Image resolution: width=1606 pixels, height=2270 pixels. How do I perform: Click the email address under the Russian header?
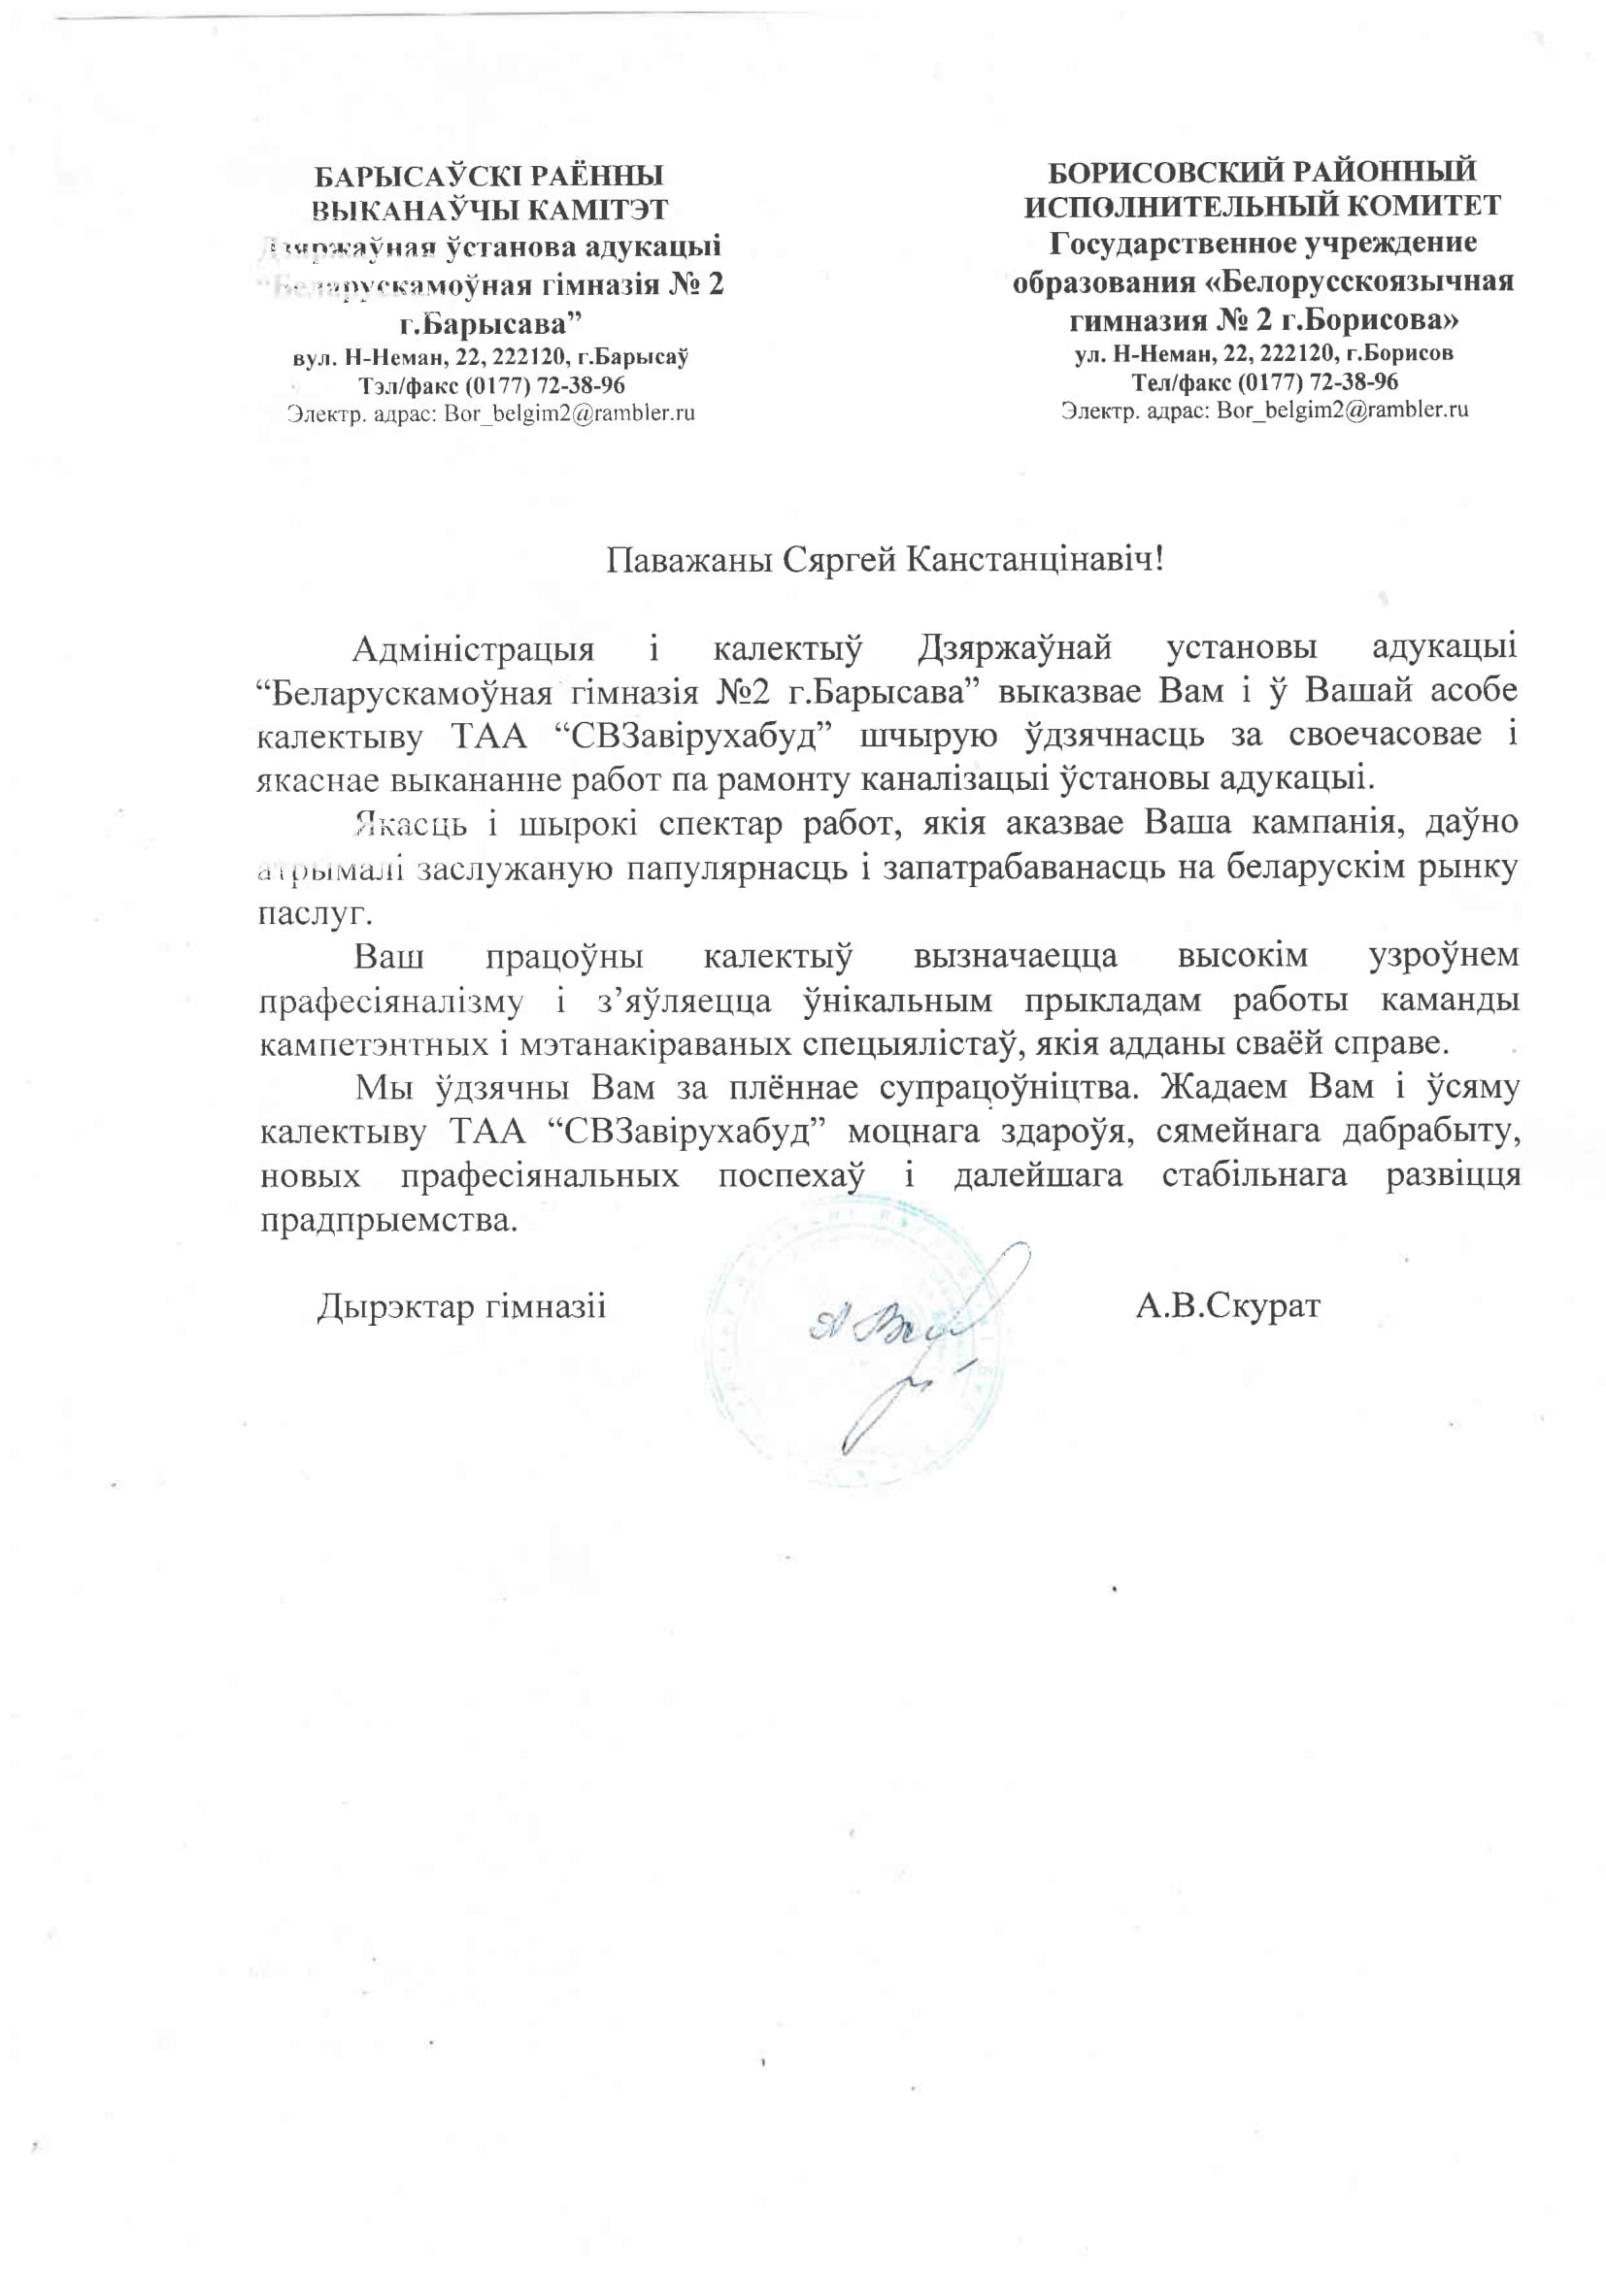pos(1342,410)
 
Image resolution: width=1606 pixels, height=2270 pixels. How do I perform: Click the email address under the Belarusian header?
pos(569,413)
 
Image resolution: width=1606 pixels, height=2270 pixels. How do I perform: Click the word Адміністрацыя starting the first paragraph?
pos(474,649)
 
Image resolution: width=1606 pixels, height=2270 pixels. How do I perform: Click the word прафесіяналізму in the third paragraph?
pos(390,1001)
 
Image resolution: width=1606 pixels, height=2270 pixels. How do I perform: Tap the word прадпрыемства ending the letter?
pos(388,1220)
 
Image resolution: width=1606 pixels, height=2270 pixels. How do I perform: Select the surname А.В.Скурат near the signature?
pos(1227,1306)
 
